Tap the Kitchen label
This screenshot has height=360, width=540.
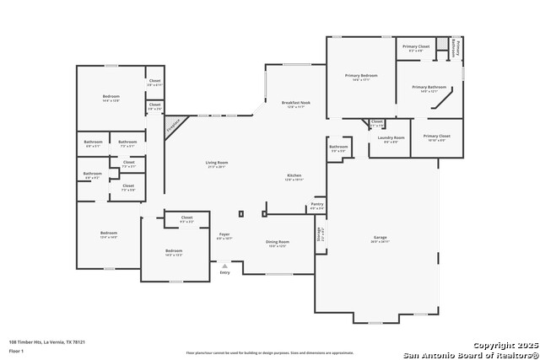point(294,175)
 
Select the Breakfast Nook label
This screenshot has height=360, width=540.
point(295,103)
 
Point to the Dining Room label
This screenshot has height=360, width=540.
point(278,242)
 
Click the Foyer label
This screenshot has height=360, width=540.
point(224,234)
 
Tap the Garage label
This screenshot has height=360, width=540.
point(380,238)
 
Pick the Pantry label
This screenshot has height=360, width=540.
point(317,204)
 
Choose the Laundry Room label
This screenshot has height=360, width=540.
point(391,137)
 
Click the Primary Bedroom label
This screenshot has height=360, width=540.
point(360,76)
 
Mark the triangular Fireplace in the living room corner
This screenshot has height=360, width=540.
point(174,126)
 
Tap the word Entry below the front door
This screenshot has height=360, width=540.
point(224,272)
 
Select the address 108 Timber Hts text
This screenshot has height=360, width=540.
point(47,341)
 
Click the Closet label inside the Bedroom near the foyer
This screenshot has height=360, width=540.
point(186,218)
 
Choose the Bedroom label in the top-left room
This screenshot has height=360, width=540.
point(111,96)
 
